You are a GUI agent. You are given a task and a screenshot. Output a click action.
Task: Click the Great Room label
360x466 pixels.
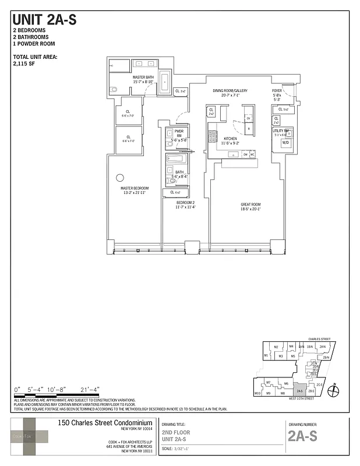250,207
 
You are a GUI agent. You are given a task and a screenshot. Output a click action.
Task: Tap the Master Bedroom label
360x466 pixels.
135,190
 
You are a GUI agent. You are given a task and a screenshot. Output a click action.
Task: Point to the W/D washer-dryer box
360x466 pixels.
285,143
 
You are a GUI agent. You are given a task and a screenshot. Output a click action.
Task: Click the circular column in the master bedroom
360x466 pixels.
120,178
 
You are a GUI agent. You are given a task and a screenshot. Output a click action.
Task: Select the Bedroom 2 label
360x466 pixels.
185,204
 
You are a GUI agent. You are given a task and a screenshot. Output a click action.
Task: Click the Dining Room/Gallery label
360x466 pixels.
230,93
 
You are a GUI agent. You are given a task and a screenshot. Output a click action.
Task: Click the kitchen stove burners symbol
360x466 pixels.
210,137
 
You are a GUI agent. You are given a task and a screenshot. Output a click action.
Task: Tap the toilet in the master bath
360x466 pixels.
114,90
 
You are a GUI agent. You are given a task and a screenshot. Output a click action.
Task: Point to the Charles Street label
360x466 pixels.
319,338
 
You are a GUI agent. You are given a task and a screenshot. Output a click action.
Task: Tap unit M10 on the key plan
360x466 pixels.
257,394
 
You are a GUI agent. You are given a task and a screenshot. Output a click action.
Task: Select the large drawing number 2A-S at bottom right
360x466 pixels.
303,437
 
